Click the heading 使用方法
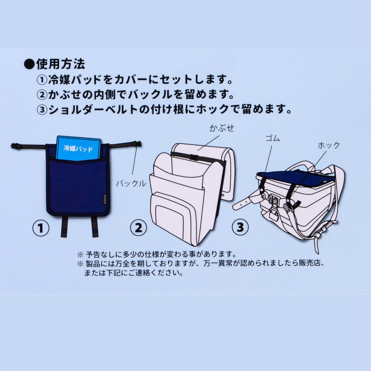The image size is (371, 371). pos(60,64)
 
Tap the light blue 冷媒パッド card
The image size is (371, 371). pos(79,148)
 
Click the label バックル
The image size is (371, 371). pos(131,184)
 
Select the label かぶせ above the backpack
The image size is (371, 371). pos(222,128)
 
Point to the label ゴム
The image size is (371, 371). pos(273,138)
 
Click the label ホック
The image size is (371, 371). pos(329,145)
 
